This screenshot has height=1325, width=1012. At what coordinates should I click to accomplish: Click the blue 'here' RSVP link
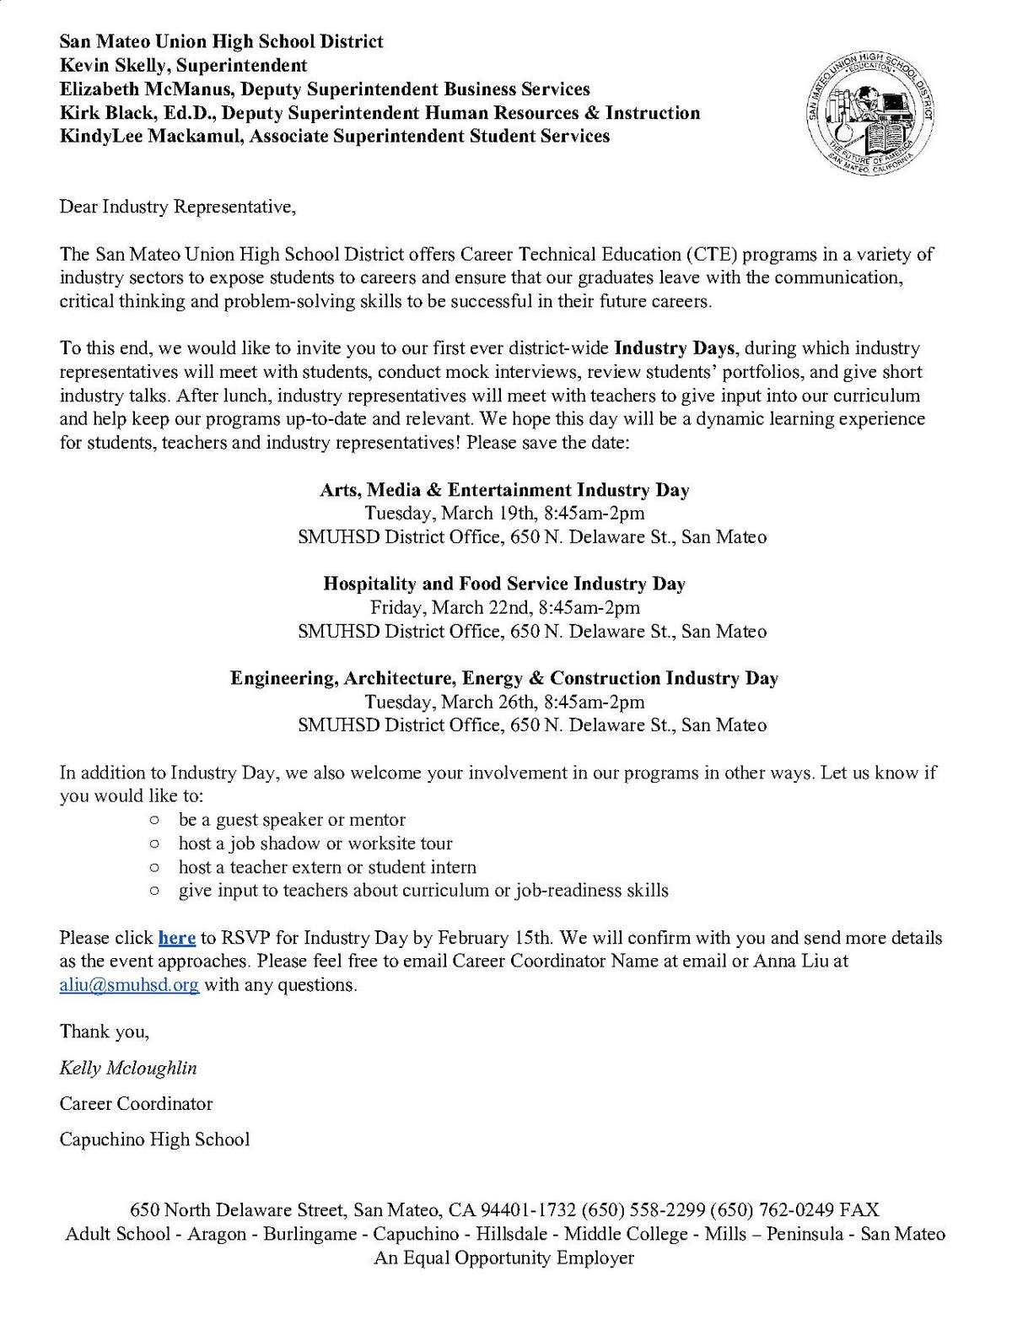click(177, 937)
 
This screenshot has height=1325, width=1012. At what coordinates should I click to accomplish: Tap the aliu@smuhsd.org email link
click(129, 984)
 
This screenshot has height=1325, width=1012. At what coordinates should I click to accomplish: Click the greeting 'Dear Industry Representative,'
click(177, 207)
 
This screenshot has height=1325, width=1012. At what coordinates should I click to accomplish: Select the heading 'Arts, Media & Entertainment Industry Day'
click(504, 489)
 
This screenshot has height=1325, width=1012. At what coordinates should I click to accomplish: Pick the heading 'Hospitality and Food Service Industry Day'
click(504, 584)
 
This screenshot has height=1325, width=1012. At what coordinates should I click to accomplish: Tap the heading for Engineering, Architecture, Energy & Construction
click(504, 678)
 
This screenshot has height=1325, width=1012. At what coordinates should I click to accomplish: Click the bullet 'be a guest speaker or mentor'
click(292, 820)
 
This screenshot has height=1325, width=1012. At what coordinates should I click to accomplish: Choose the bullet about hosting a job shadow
click(315, 843)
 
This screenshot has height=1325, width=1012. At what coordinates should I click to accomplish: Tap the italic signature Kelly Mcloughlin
click(128, 1068)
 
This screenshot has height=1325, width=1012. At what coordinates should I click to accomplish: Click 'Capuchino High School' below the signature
click(154, 1139)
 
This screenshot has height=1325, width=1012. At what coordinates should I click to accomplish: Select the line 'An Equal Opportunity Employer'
click(504, 1258)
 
